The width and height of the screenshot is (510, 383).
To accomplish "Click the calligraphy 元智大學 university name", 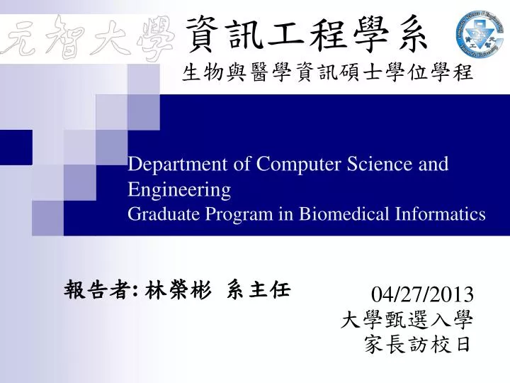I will coord(89,40).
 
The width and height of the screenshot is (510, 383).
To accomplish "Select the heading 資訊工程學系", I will coord(306,34).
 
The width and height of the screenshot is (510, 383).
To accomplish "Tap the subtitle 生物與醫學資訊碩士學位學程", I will coord(327,73).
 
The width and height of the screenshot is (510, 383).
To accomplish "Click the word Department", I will coord(171,165).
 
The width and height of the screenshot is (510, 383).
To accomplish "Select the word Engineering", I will coord(179,189).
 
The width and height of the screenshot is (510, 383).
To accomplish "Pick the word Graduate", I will coord(161,214).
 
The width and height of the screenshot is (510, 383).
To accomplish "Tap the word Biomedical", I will coord(324,214).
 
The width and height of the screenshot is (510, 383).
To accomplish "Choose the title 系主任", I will coord(259,289).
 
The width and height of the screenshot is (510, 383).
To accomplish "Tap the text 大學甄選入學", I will coord(407,320).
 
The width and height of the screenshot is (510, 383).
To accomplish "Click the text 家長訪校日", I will coord(416,345).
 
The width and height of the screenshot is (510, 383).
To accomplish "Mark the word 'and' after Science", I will coord(434,165).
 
